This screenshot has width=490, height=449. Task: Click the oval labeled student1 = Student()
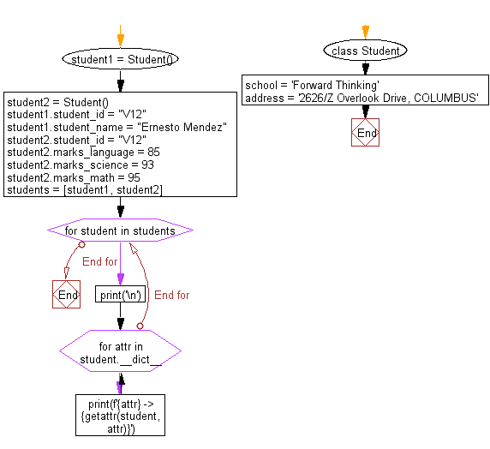click(x=120, y=59)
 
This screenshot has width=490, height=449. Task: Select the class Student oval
click(x=366, y=51)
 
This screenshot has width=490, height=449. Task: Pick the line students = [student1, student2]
click(x=85, y=189)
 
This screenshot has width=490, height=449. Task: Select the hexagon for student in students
click(x=120, y=230)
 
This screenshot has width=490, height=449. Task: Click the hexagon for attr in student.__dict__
click(x=120, y=351)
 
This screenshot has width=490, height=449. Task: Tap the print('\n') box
click(x=120, y=295)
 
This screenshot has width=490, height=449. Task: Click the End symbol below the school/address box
click(x=366, y=133)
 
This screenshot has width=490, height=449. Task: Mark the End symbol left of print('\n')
click(x=67, y=295)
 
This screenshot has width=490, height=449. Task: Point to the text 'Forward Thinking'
click(x=334, y=86)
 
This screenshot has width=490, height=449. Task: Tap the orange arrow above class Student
click(x=366, y=33)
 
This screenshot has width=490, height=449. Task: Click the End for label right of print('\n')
click(x=171, y=295)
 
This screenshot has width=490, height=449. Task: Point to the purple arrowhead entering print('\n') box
click(x=120, y=281)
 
